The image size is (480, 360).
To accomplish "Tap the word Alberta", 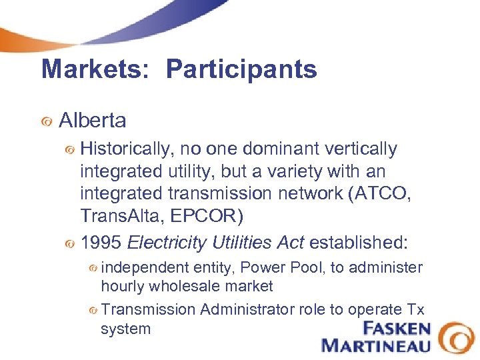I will click(93, 121).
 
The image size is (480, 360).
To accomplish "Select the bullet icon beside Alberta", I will click(46, 122).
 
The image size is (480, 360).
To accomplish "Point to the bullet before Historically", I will click(69, 151).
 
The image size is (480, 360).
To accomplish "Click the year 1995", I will click(101, 242).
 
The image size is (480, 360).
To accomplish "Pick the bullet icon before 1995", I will click(69, 243).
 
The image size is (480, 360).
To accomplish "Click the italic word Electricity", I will click(166, 242).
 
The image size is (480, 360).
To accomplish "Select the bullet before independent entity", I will click(94, 269).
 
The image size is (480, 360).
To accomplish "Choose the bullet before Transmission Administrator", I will click(94, 311).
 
